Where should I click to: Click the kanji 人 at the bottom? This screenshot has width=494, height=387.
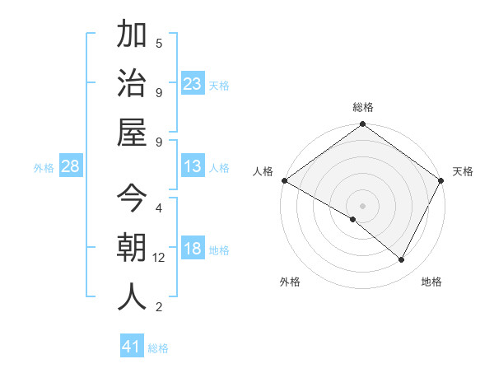132,296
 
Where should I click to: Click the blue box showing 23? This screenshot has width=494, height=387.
193,83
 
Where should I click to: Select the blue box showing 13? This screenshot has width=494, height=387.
193,166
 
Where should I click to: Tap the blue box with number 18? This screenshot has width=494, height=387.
193,249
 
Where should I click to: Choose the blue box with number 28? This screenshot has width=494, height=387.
71,166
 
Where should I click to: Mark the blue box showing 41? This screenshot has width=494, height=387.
132,347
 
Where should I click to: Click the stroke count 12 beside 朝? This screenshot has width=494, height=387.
159,258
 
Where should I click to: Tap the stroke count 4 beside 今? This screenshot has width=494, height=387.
159,207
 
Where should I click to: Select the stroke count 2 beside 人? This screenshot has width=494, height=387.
159,307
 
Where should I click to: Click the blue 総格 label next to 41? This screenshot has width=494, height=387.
158,348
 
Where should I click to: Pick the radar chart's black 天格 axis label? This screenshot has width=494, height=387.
463,171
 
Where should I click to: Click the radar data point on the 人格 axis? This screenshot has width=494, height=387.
284,180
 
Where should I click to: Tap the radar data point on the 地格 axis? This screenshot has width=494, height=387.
402,259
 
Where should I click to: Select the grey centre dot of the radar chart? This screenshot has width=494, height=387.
362,205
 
